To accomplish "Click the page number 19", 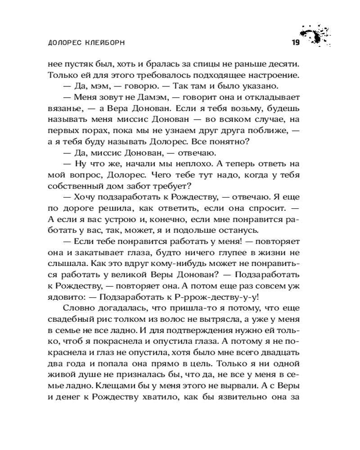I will (x=295, y=43).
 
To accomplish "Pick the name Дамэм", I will (x=148, y=98).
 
